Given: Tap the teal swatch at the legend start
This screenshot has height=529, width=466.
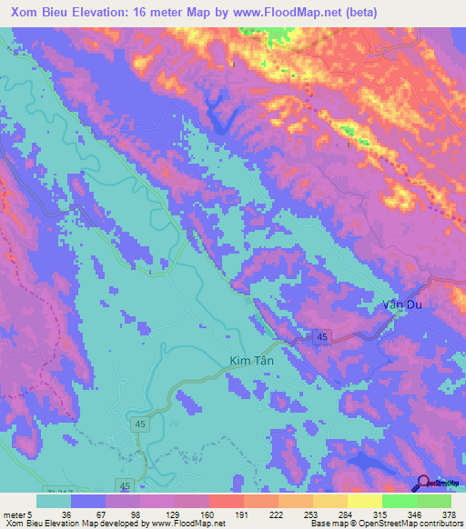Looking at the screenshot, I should tap(54, 501).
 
